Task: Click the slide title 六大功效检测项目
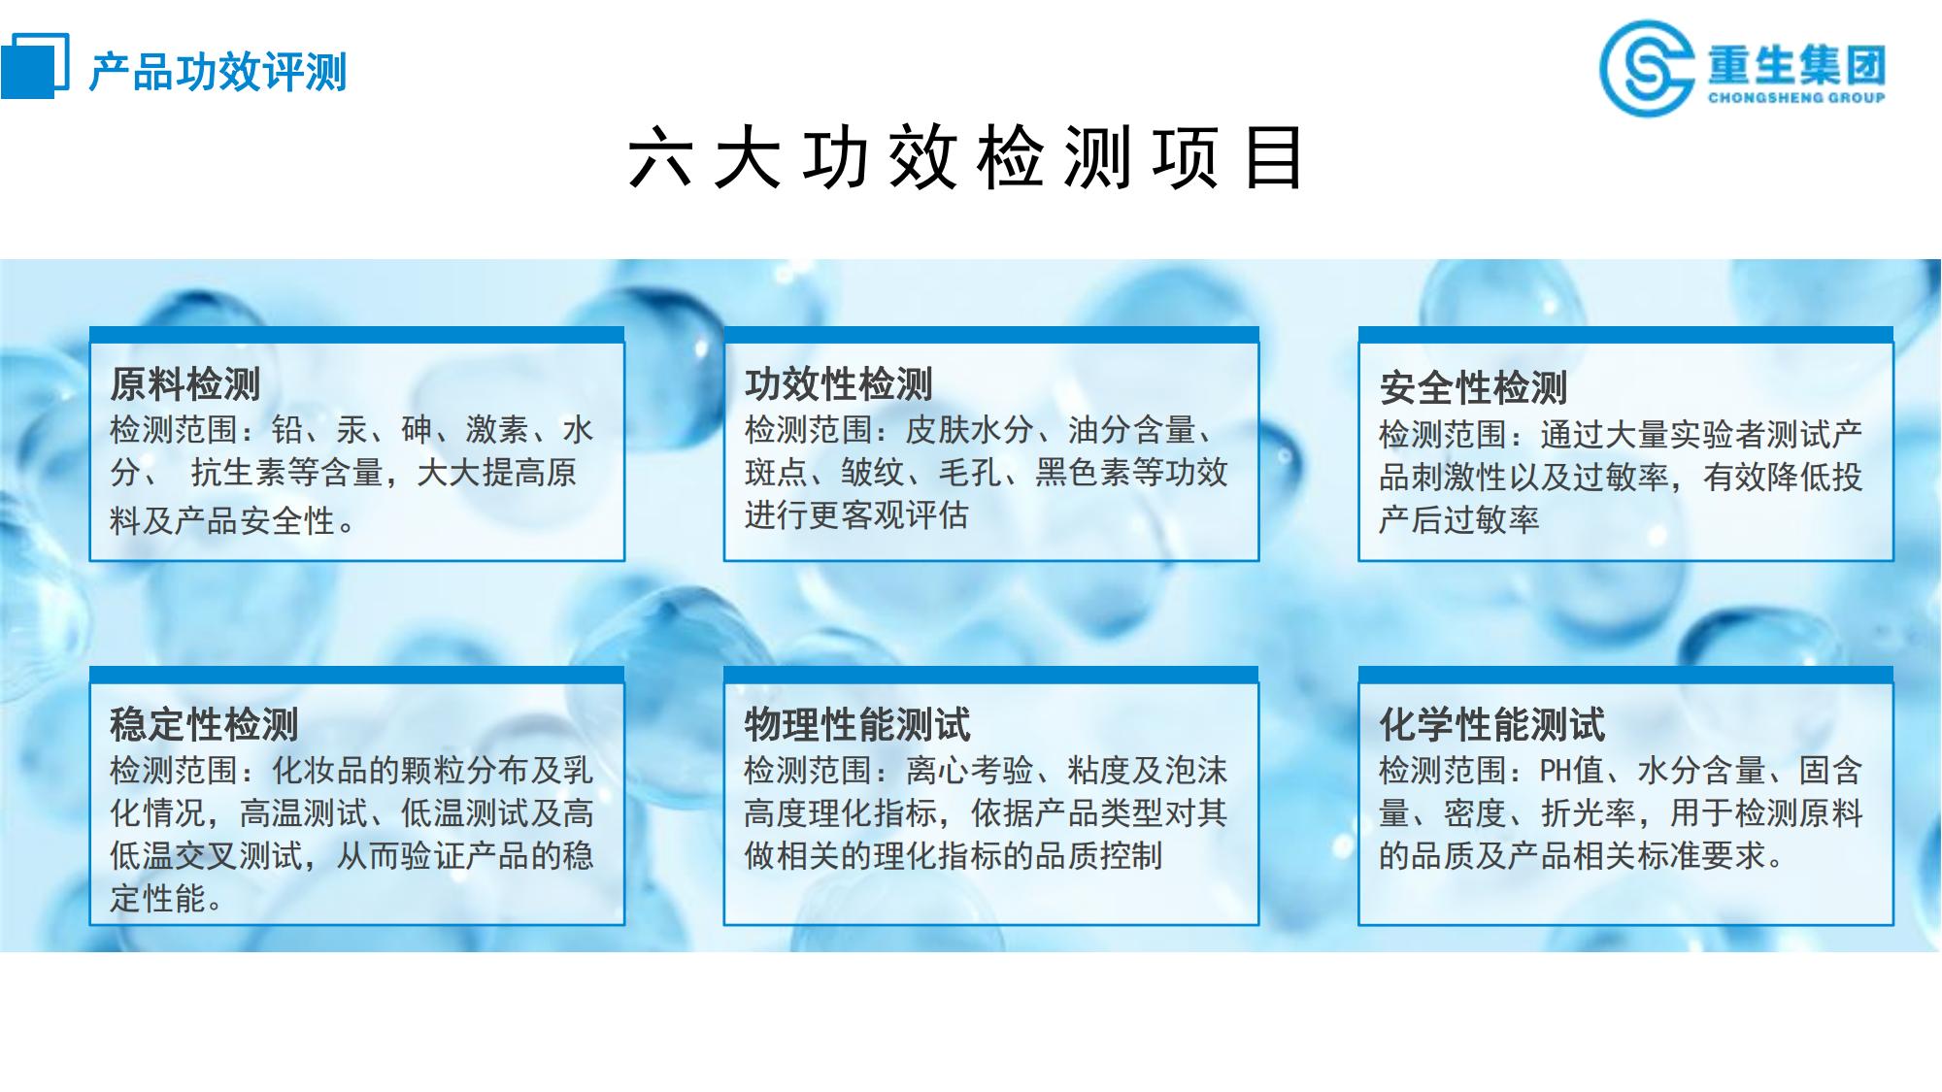pyautogui.click(x=966, y=157)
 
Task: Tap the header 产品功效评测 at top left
pyautogui.click(x=218, y=72)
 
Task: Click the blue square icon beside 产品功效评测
pyautogui.click(x=35, y=65)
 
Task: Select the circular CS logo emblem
pyautogui.click(x=1647, y=68)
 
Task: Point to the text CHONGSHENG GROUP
pyautogui.click(x=1796, y=97)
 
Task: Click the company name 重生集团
pyautogui.click(x=1796, y=64)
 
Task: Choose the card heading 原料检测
pyautogui.click(x=184, y=384)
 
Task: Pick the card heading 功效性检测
pyautogui.click(x=839, y=384)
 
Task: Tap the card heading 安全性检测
pyautogui.click(x=1473, y=388)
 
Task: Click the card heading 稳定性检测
pyautogui.click(x=204, y=724)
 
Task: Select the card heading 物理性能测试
pyautogui.click(x=857, y=724)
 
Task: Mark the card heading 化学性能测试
pyautogui.click(x=1492, y=724)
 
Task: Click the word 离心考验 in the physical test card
pyautogui.click(x=969, y=771)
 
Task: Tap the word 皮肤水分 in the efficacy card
pyautogui.click(x=969, y=430)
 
